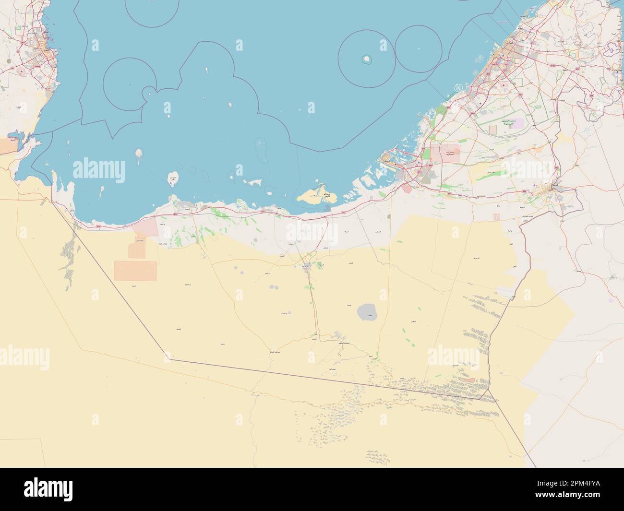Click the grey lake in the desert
pos(368,312)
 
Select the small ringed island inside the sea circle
pos(367,59)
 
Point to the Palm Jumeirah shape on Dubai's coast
pos(459,88)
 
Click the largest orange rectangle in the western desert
pos(135,271)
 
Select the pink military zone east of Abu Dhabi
pos(444,154)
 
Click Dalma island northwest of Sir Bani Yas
pos(139,154)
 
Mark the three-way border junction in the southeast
pos(482,399)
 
